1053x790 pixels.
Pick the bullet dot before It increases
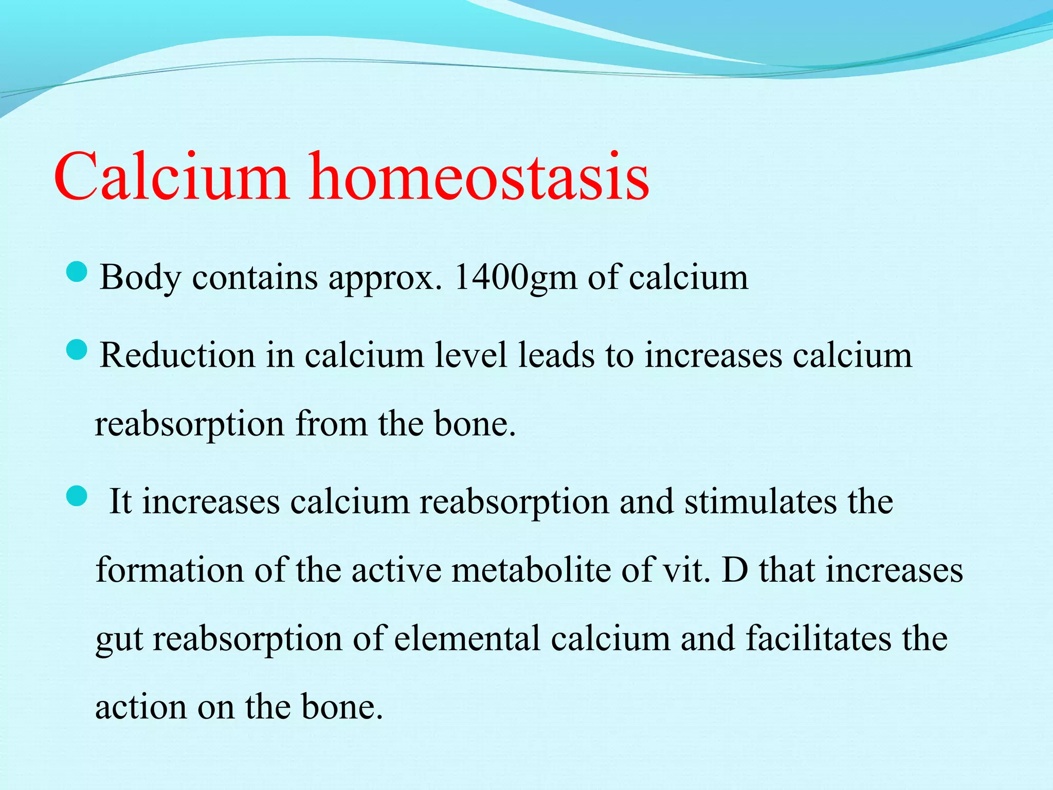click(77, 497)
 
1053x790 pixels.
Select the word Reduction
click(177, 355)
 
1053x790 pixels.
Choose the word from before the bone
click(331, 424)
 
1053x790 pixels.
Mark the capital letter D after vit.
click(735, 570)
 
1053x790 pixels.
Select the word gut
click(119, 640)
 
